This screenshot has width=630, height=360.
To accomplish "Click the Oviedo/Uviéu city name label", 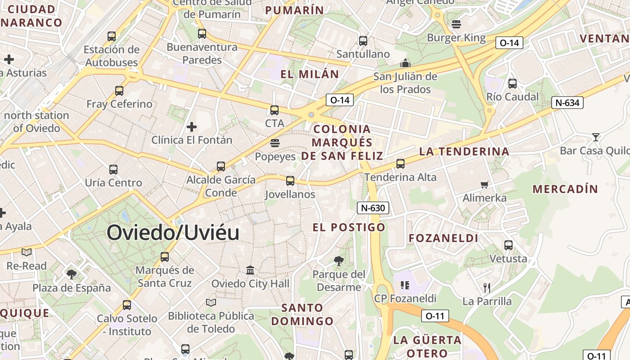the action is click(x=173, y=233).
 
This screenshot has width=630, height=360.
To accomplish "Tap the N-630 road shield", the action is click(x=373, y=208).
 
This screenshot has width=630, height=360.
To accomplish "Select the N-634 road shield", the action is click(x=567, y=103).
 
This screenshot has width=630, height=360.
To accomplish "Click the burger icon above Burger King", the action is click(x=456, y=24).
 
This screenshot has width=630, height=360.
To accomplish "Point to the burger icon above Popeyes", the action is click(x=275, y=144).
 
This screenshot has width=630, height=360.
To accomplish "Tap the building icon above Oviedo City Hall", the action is click(x=250, y=270).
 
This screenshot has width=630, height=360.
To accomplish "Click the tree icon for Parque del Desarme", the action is click(x=338, y=261).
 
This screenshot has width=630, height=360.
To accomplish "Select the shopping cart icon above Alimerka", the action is click(x=485, y=184).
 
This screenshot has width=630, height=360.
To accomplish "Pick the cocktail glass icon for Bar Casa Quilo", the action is click(x=596, y=137).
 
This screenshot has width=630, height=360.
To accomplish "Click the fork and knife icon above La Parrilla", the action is click(x=486, y=288).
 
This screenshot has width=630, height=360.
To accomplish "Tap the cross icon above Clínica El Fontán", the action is click(x=192, y=127).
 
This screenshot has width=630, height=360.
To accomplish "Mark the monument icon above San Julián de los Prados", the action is click(x=405, y=63).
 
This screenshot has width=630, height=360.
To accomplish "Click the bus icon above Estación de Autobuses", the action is click(x=112, y=36).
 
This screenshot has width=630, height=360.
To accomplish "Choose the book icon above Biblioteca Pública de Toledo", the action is click(x=211, y=302).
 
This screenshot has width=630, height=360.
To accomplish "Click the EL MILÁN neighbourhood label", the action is click(x=310, y=74).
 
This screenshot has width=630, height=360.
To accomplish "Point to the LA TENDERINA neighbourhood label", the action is click(x=464, y=152).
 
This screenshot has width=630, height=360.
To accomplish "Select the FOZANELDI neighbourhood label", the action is click(x=443, y=238).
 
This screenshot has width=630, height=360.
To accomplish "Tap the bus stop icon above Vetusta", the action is click(x=508, y=245).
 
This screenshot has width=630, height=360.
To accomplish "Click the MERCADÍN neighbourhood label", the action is click(x=565, y=189).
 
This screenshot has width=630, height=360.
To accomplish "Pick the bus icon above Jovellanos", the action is click(x=290, y=181).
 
